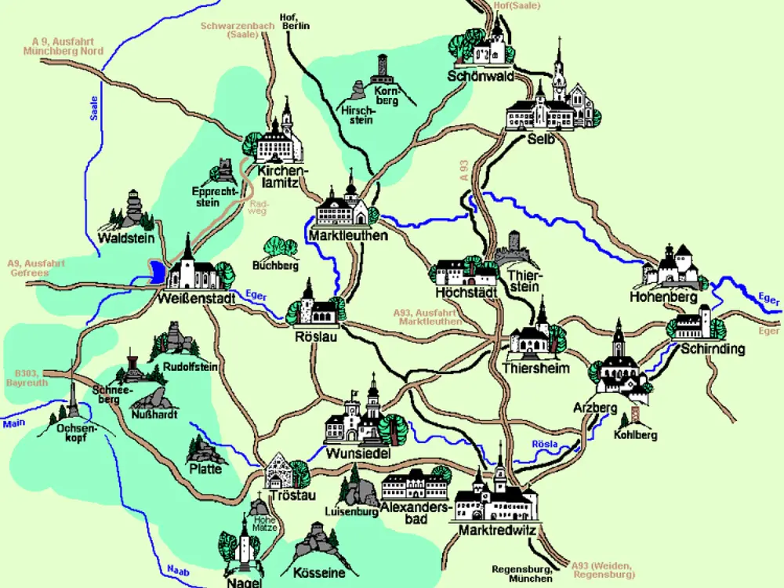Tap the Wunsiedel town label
pyautogui.click(x=358, y=454)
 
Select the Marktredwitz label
pyautogui.click(x=497, y=532)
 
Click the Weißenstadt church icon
pyautogui.click(x=189, y=267)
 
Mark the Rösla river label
pyautogui.click(x=545, y=445)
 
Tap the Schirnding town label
pyautogui.click(x=713, y=349)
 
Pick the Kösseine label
pyautogui.click(x=318, y=573)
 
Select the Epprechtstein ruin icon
pyautogui.click(x=222, y=171)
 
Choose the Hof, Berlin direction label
pyautogui.click(x=296, y=21)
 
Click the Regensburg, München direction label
pyautogui.click(x=522, y=573)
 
